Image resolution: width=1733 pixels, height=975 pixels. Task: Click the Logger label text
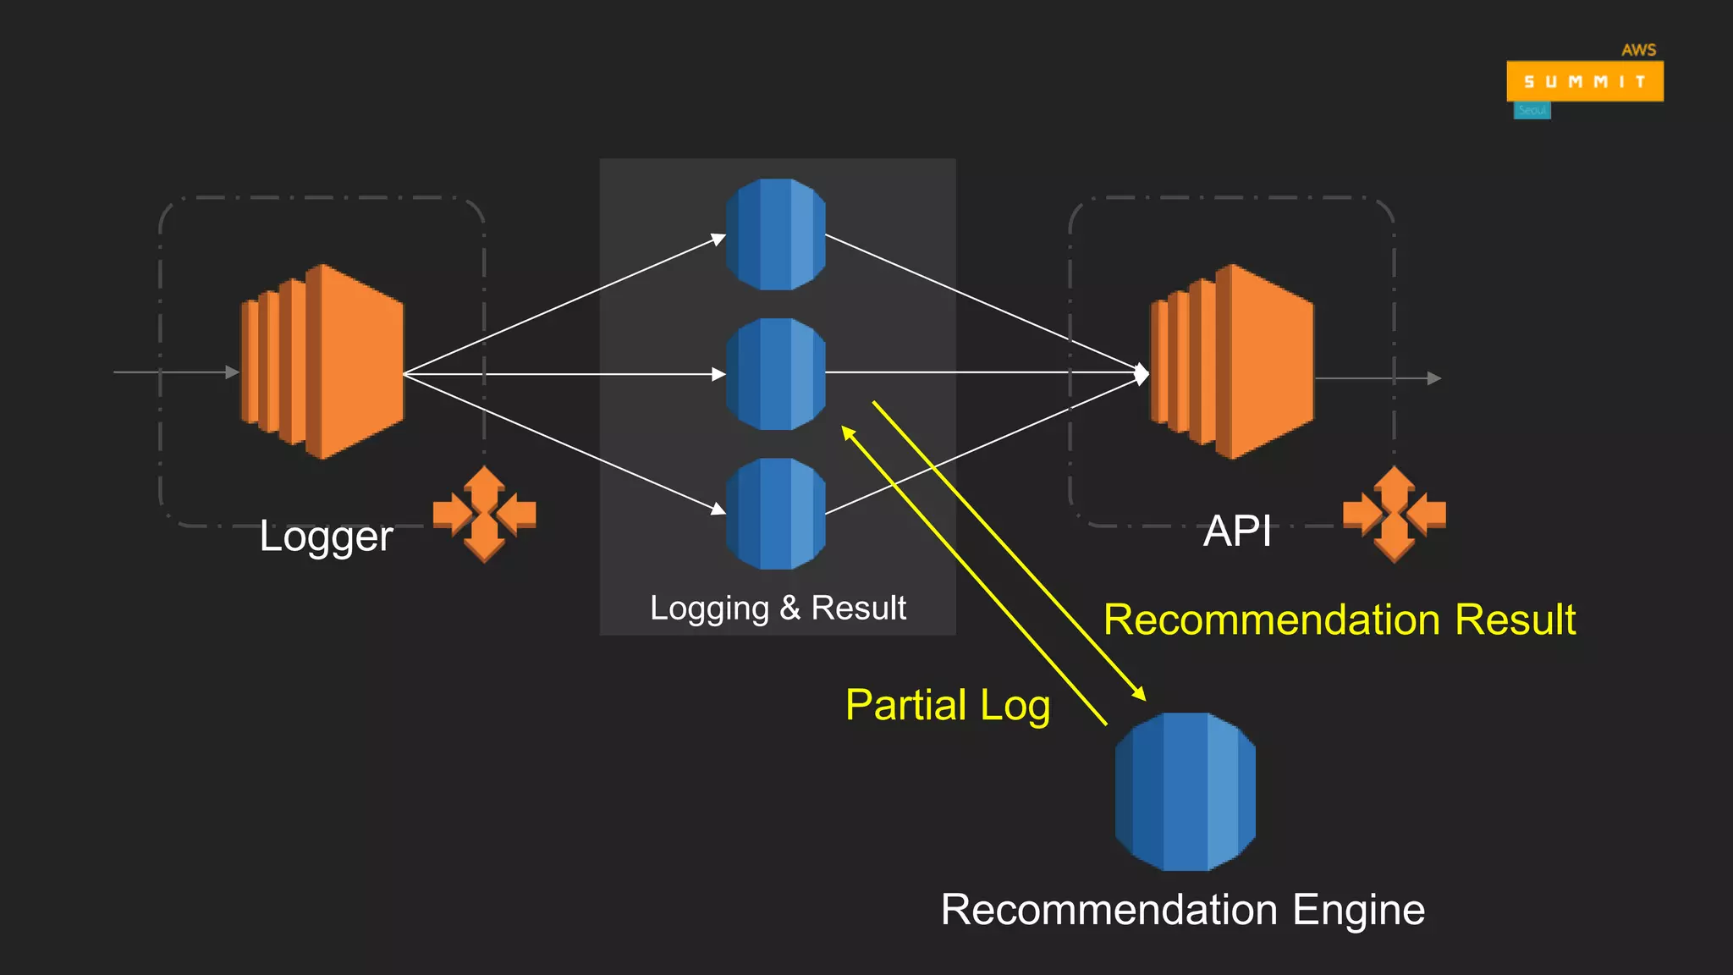(326, 537)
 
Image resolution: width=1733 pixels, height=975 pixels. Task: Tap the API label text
(1237, 532)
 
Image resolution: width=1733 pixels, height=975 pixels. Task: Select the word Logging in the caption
(709, 609)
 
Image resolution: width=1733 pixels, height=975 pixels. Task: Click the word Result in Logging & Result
(858, 608)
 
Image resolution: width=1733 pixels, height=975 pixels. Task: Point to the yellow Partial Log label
(948, 705)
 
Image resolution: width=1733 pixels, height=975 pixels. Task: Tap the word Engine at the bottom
(1358, 910)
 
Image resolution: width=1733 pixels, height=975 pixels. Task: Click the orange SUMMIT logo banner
(1584, 81)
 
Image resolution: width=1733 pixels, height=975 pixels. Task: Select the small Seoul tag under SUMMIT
(1532, 111)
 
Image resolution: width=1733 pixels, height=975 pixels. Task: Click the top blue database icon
(776, 234)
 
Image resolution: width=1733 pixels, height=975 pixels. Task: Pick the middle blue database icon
(776, 374)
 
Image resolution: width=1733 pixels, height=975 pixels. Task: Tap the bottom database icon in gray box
(776, 514)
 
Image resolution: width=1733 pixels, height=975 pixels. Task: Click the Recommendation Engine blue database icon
(1185, 791)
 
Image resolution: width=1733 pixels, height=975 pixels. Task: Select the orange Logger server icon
(322, 362)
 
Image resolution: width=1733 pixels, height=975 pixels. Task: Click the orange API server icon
(1232, 362)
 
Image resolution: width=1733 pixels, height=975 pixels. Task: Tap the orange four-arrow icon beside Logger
(484, 514)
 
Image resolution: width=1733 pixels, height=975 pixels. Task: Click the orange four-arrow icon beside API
(1394, 514)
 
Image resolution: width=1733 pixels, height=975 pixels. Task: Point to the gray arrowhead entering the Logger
(233, 372)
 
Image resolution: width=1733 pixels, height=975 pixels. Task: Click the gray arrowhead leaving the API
(1433, 378)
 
